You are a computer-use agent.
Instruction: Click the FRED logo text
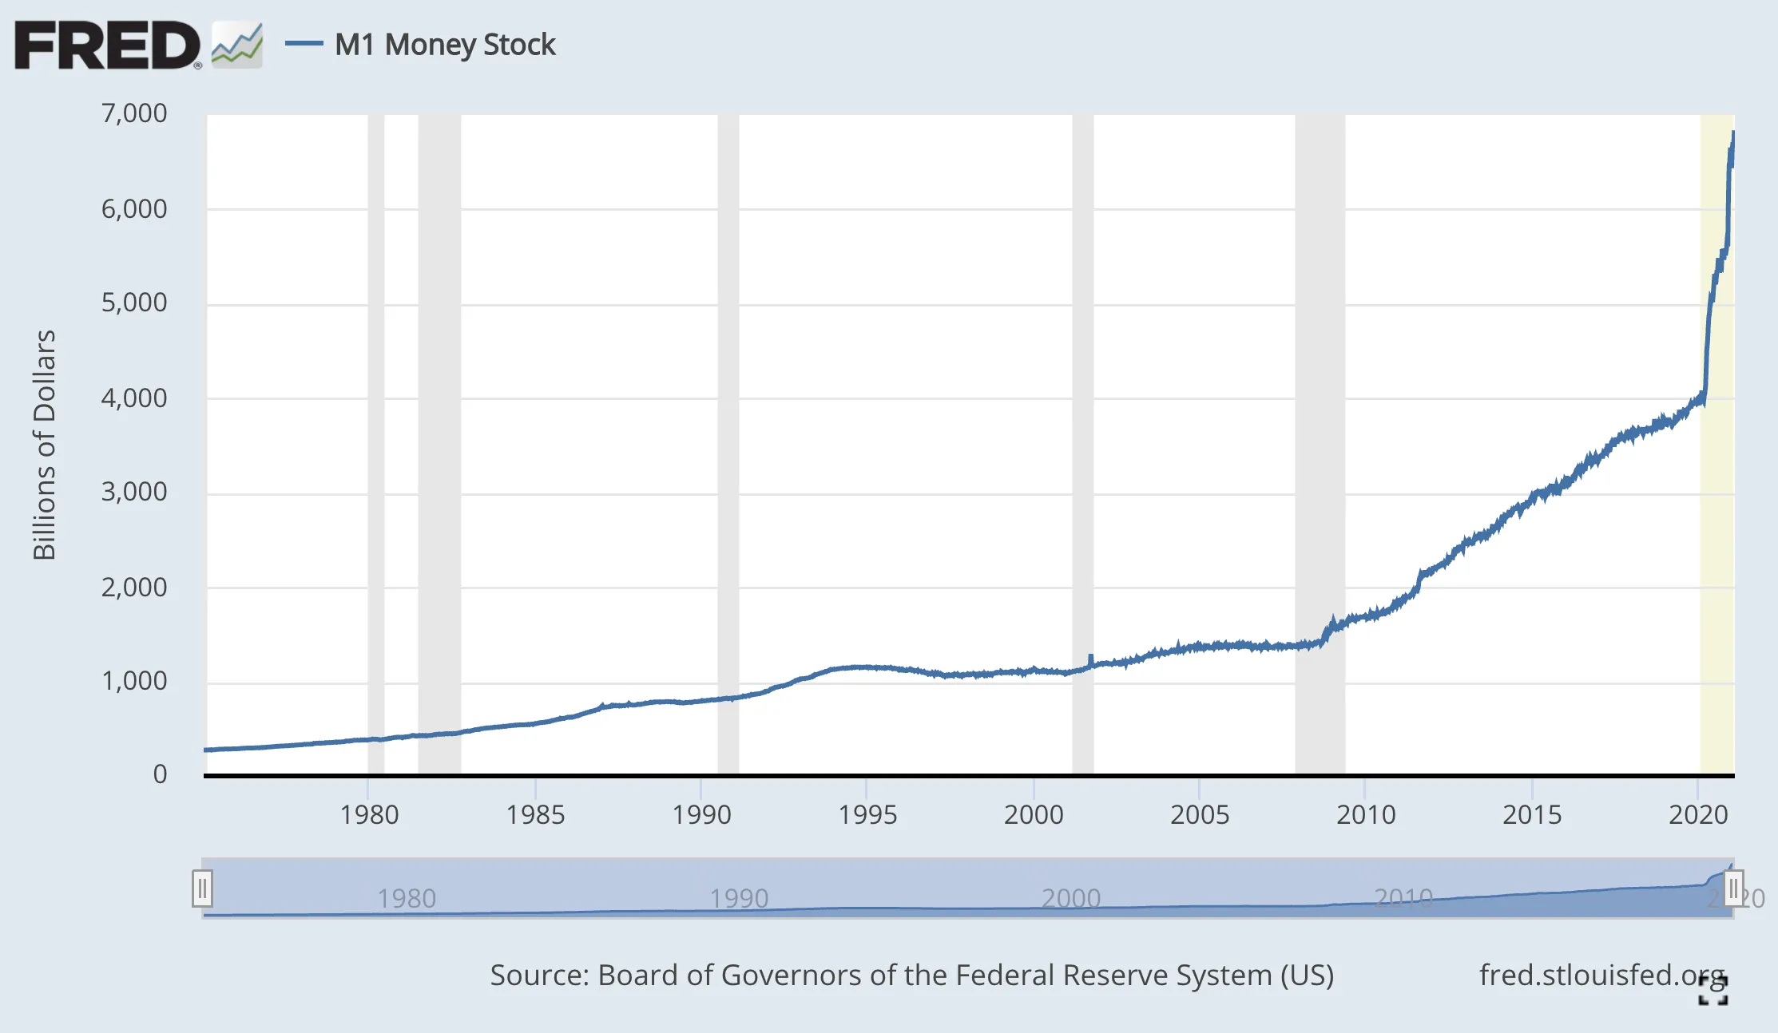click(x=107, y=46)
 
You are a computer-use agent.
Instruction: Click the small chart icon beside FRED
click(x=237, y=46)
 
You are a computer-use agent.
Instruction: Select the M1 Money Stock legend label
click(x=445, y=45)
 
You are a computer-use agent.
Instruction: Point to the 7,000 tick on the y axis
click(x=134, y=113)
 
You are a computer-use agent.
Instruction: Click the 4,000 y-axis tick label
click(x=134, y=398)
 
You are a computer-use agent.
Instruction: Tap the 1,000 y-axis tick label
click(x=134, y=681)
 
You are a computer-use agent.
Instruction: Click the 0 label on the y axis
click(x=160, y=774)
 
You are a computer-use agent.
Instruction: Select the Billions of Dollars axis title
click(x=44, y=445)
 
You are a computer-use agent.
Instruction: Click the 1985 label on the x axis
click(x=535, y=815)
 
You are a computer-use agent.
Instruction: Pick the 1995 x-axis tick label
click(x=867, y=815)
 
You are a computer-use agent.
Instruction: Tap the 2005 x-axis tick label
click(x=1200, y=815)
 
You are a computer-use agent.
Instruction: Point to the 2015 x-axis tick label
click(x=1532, y=815)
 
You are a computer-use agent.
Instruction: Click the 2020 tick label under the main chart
click(x=1698, y=815)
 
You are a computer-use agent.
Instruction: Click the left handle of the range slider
click(x=202, y=889)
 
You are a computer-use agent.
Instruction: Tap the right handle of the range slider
click(x=1733, y=889)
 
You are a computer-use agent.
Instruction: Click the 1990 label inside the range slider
click(x=739, y=899)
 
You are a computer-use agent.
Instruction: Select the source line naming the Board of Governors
click(x=911, y=976)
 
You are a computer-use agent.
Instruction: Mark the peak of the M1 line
click(x=1733, y=133)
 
